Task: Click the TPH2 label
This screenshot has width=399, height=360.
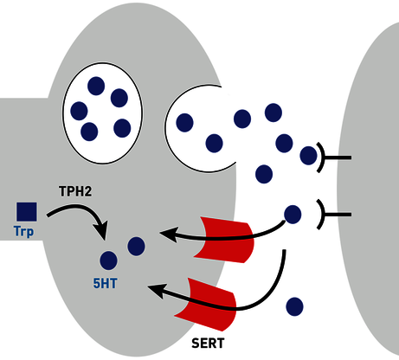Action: [x=75, y=191]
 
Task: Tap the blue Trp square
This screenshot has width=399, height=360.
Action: [x=27, y=212]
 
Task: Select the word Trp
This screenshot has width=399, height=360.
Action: [x=23, y=232]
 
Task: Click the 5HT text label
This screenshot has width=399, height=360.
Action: [x=105, y=284]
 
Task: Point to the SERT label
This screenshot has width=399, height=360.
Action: [x=208, y=344]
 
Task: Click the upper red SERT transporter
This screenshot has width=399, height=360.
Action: [x=224, y=240]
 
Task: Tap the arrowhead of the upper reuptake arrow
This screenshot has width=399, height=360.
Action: [x=168, y=235]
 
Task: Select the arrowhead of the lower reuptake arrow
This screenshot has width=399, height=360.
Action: [x=158, y=291]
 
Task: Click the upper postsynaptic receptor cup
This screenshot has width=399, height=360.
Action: [x=321, y=157]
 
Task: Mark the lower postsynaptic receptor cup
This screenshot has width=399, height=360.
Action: [x=321, y=215]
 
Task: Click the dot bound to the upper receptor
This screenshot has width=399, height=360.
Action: [x=308, y=156]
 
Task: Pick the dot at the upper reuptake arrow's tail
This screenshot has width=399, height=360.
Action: [x=293, y=215]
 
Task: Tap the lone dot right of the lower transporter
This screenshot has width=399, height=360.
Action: [x=294, y=306]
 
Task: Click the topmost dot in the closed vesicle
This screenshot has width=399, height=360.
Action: [x=96, y=86]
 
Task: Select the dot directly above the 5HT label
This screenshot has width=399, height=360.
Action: [x=108, y=260]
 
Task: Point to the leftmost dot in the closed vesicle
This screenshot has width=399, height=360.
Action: [x=79, y=111]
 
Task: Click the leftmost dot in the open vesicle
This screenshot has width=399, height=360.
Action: [x=184, y=123]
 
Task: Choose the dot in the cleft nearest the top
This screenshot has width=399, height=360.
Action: [x=274, y=112]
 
